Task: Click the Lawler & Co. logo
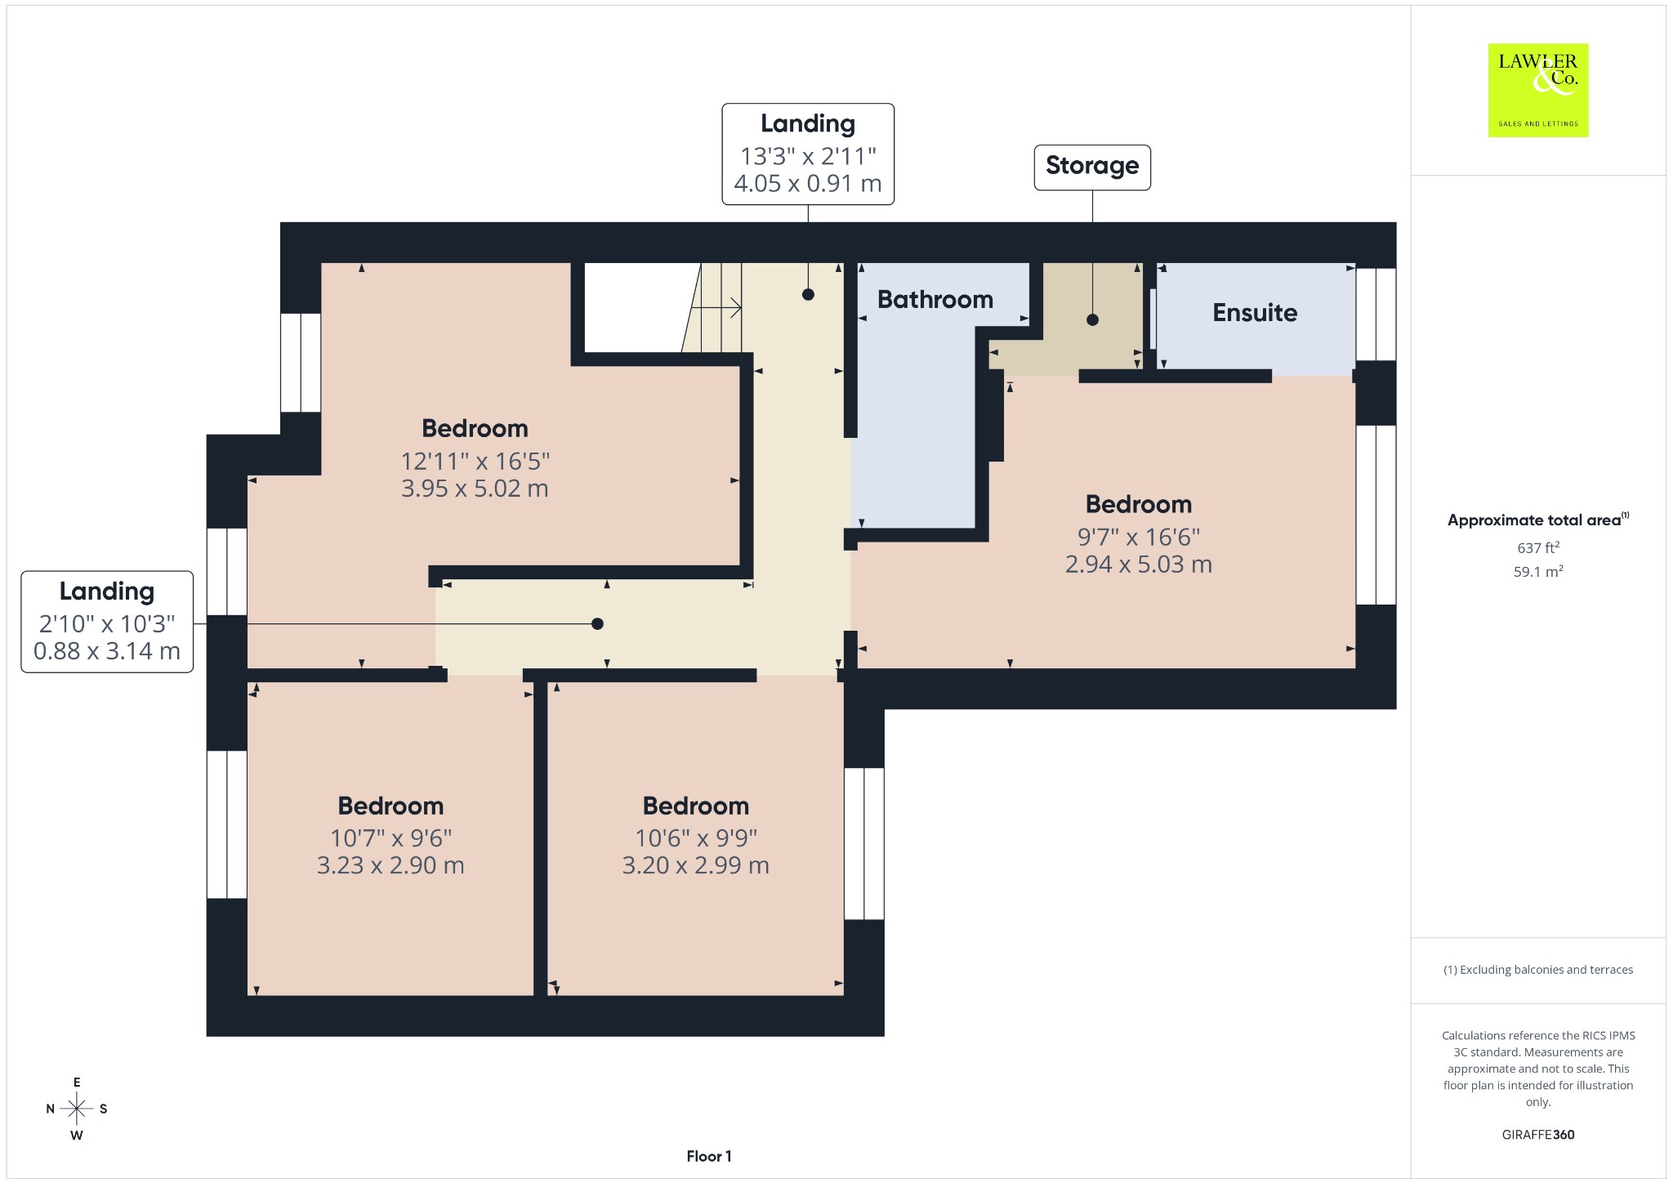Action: click(1537, 90)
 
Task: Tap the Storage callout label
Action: click(1092, 167)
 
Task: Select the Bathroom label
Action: click(935, 300)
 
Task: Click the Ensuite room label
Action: click(1255, 312)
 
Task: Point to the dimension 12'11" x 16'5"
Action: click(475, 462)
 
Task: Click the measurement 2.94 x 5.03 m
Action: click(1138, 565)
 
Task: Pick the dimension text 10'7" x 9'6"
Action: click(390, 838)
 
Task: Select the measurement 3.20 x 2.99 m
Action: click(696, 865)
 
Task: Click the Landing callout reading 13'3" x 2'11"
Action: click(808, 154)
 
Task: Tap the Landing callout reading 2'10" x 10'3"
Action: click(107, 622)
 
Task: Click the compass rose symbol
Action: click(77, 1109)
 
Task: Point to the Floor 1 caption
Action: click(709, 1156)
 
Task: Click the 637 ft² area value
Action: click(1538, 547)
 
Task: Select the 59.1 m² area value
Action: click(1538, 571)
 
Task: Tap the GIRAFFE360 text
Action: click(1538, 1135)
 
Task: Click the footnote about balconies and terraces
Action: click(1538, 970)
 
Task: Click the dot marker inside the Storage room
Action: click(1092, 319)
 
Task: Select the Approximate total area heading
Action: click(1538, 520)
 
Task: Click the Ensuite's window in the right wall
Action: click(1376, 315)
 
